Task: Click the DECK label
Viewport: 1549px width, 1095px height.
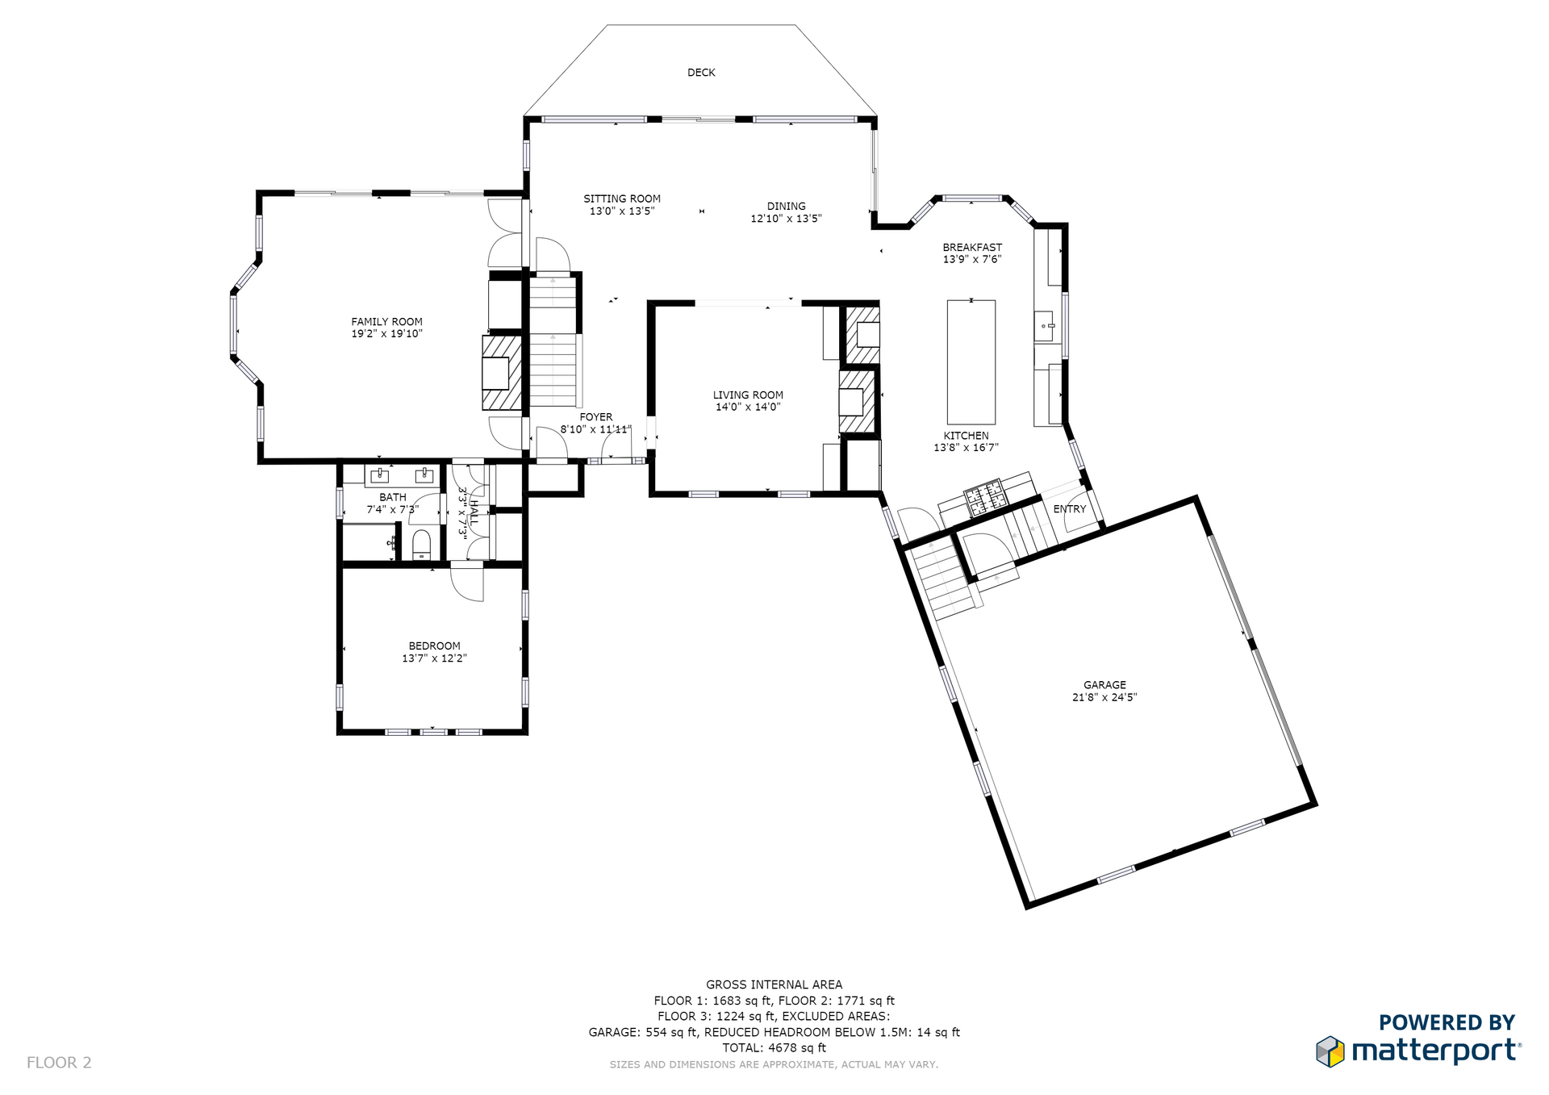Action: coord(701,73)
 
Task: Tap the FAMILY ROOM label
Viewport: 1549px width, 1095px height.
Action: coord(386,322)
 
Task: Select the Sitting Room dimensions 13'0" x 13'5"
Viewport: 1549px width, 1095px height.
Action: coord(622,211)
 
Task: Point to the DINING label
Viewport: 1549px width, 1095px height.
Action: coord(787,207)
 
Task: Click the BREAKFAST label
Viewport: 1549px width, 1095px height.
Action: coord(972,248)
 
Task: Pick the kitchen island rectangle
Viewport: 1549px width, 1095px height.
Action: coord(971,362)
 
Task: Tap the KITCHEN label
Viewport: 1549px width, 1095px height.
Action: coord(967,436)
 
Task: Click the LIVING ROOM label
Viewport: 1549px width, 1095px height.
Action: coord(748,395)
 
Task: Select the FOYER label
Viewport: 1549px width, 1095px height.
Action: coord(596,417)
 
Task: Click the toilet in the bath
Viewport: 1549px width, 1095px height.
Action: coord(421,545)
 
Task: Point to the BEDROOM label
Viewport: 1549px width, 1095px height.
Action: coord(434,646)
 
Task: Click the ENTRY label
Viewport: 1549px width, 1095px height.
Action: coord(1070,509)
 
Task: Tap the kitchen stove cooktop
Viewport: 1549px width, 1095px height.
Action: coord(985,497)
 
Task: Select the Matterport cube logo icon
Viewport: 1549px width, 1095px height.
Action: coord(1330,1051)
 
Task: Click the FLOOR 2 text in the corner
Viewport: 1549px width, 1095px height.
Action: coord(59,1063)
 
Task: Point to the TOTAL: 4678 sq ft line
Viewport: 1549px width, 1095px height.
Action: coord(774,1048)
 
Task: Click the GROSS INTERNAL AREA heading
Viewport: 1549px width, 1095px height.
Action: coord(774,984)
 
